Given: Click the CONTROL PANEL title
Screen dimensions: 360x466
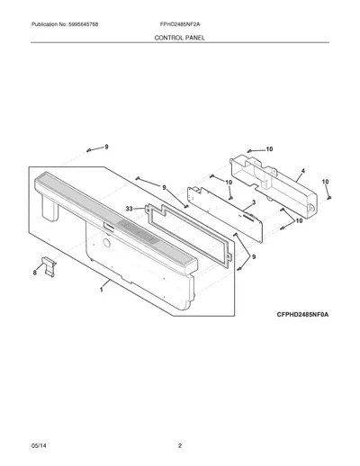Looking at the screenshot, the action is point(180,38).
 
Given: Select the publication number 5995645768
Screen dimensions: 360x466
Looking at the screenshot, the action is point(83,24).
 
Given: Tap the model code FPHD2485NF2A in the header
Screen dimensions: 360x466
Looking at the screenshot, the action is point(180,24).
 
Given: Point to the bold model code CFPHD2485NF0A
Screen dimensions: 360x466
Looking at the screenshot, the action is point(302,315).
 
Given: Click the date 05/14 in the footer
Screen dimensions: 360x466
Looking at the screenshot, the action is point(39,445).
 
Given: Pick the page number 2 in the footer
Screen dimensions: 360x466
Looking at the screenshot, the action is point(180,445).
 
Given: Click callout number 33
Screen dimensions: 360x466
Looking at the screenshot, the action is point(129,209).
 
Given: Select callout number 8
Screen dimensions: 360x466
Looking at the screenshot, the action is point(35,273).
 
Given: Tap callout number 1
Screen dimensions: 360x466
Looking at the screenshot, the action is point(102,290).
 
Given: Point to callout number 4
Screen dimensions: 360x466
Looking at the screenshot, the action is point(303,171).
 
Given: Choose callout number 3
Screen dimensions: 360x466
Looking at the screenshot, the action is point(254,202).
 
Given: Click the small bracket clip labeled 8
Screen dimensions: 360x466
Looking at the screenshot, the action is point(49,266).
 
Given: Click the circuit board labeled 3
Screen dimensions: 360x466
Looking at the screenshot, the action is point(225,214).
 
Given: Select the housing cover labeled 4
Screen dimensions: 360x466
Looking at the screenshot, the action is point(274,186).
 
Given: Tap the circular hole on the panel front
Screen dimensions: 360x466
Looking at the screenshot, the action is point(106,243).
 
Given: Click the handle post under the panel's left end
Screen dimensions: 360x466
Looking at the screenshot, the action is point(49,209).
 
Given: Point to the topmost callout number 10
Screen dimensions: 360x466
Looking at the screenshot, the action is point(269,148).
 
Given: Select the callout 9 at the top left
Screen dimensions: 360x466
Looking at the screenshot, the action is point(106,147).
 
